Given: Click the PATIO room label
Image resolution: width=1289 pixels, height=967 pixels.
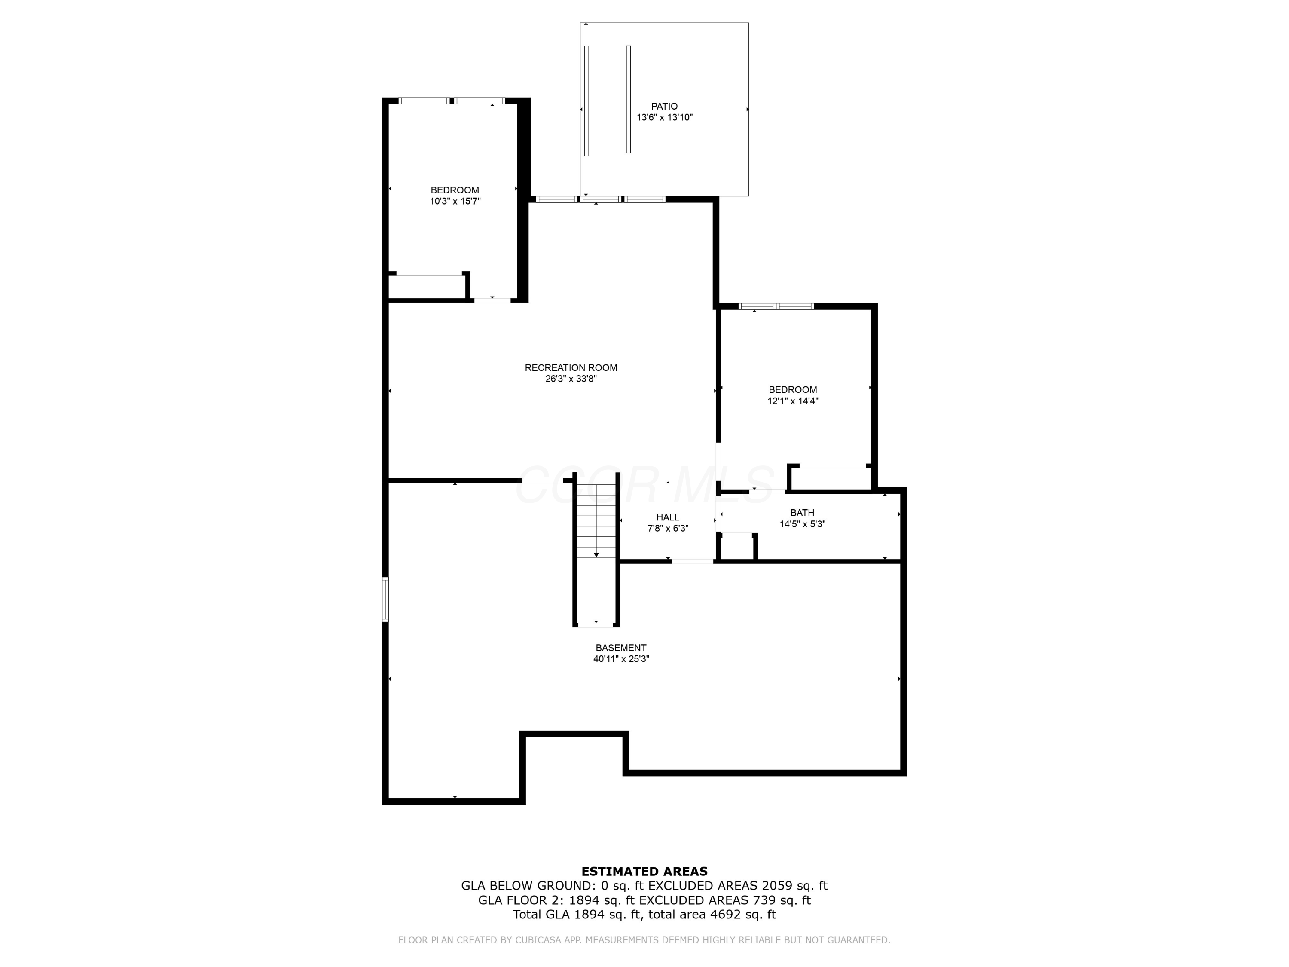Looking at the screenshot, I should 664,106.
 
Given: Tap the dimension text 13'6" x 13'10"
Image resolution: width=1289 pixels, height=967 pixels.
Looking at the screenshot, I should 664,117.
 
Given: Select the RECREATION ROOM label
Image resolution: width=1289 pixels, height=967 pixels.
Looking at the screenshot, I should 571,368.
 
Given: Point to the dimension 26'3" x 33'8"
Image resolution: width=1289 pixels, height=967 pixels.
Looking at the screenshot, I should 571,379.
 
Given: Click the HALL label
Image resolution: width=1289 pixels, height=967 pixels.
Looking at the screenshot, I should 668,517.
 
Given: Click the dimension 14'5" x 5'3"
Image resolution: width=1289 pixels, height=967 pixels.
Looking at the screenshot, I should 803,524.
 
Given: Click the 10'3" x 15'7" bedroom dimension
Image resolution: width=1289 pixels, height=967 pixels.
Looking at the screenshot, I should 455,202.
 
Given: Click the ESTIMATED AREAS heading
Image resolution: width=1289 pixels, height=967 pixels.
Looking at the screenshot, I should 644,872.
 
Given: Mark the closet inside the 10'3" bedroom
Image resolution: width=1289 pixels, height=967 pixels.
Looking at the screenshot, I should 427,287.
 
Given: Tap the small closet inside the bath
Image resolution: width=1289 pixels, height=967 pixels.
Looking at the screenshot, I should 736,547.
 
